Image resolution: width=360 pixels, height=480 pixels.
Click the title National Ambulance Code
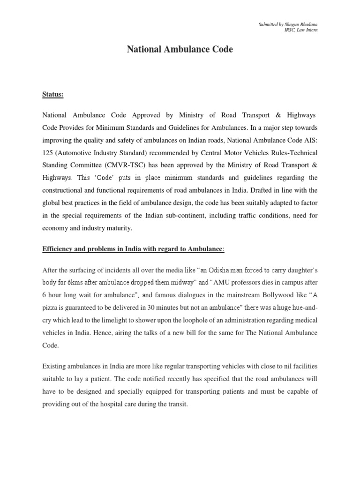[180, 49]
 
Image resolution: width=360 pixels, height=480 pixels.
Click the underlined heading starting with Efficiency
[134, 249]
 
